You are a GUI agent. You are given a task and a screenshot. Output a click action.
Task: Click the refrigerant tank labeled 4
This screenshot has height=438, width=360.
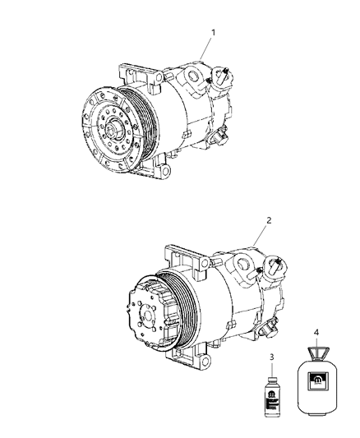tap(316, 386)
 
